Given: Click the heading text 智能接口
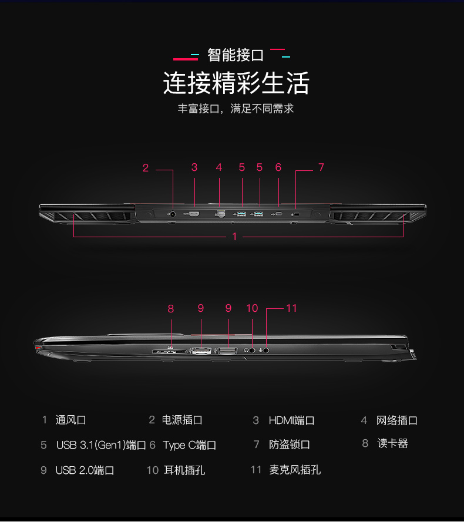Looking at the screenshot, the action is (x=236, y=55).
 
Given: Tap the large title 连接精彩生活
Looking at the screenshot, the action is (x=236, y=83).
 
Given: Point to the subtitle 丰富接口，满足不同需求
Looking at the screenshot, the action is (x=236, y=109).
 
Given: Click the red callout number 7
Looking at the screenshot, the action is (x=321, y=167).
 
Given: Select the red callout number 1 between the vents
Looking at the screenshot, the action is (x=234, y=237).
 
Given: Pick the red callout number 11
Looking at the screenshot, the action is (x=291, y=308).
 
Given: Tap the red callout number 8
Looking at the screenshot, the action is (x=171, y=309).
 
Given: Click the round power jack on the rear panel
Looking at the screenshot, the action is (x=173, y=214).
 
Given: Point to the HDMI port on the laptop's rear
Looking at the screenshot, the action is (x=194, y=214).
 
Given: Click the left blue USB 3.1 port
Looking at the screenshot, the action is (x=241, y=214).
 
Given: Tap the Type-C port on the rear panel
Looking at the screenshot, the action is (x=279, y=214).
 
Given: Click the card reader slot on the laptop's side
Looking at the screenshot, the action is (x=170, y=351).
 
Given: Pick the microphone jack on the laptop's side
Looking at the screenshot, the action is (x=266, y=350).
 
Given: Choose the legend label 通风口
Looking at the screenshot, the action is (x=70, y=420).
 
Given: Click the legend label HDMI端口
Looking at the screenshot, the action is (x=291, y=420).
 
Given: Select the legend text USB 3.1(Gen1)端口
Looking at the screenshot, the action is (x=101, y=445).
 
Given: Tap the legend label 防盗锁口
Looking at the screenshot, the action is (x=290, y=444).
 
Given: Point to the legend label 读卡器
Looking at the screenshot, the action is (x=392, y=443).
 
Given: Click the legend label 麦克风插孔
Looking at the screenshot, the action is (x=295, y=470).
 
